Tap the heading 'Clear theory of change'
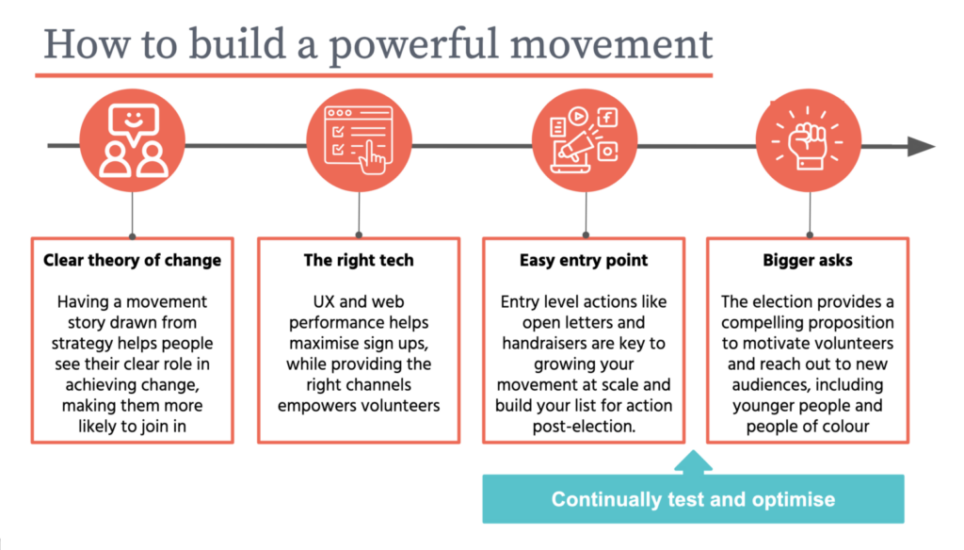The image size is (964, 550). click(x=132, y=260)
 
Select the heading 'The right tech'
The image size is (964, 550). click(x=359, y=260)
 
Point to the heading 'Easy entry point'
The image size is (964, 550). click(x=584, y=260)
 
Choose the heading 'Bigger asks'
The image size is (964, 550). click(x=807, y=260)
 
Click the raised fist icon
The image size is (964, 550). click(x=808, y=140)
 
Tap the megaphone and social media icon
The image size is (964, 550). click(x=584, y=140)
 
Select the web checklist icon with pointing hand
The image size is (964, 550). click(x=359, y=140)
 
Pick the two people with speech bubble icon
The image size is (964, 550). click(x=133, y=140)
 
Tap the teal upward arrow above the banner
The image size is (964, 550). click(x=694, y=462)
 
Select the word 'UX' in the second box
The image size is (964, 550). click(x=324, y=301)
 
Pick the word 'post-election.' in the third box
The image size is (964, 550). click(x=584, y=427)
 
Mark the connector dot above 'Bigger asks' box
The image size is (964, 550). click(x=810, y=235)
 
